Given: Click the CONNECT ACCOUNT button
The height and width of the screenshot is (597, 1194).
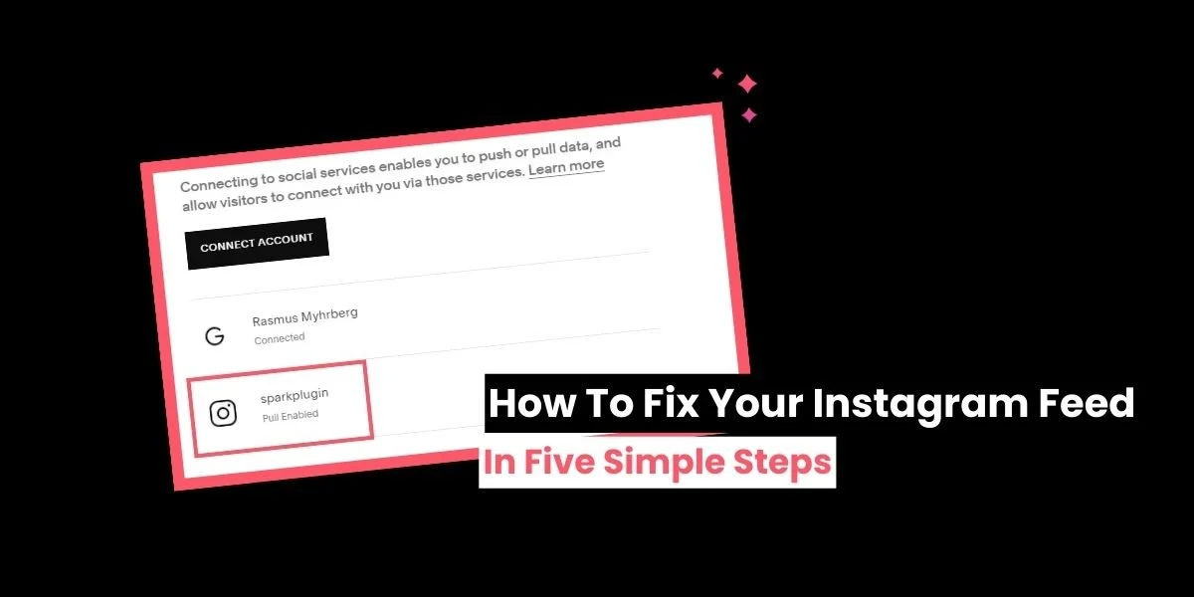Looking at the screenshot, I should pos(257,243).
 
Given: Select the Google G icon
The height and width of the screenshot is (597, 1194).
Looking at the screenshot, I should pos(214,335).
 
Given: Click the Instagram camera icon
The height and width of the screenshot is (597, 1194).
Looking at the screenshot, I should pos(224,412).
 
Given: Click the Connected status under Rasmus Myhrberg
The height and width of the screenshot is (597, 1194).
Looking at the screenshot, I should pos(280,338).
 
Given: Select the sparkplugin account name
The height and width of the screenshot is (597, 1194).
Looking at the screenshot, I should pos(294,397).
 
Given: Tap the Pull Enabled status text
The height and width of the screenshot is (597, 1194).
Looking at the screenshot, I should pos(291,416).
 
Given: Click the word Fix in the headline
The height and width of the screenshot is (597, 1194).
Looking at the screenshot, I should pos(663,404).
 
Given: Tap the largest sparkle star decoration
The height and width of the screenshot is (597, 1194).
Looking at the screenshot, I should pos(747,85).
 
